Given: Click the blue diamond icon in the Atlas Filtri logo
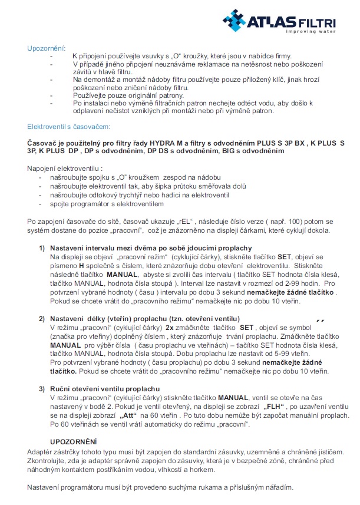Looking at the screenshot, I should (236, 20).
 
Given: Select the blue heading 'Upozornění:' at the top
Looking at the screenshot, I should (47, 48).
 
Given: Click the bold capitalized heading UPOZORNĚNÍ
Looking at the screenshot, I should (74, 441).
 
